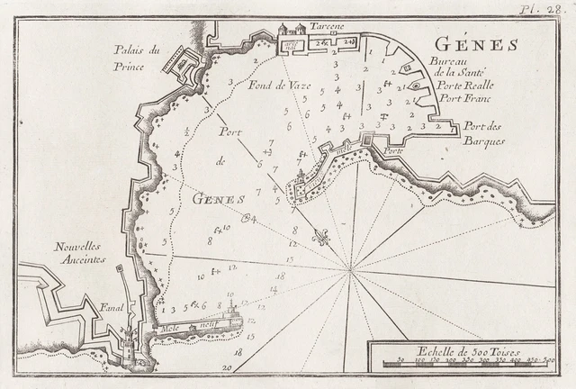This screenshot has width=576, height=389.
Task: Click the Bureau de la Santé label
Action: (463, 67)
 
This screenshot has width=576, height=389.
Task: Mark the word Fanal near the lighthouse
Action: (112, 305)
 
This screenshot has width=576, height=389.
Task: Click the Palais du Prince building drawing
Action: (181, 61)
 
